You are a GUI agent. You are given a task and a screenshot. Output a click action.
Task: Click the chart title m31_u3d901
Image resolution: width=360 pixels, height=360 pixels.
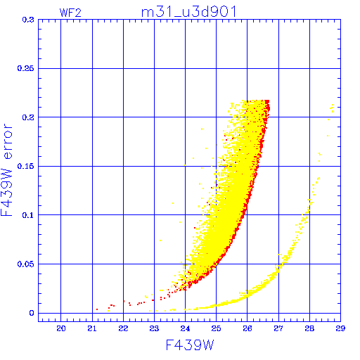pyautogui.click(x=189, y=12)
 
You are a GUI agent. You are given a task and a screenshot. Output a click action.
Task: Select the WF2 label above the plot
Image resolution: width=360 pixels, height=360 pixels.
pyautogui.click(x=70, y=13)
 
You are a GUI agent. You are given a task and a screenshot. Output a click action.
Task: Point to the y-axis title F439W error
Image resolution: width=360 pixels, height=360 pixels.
pyautogui.click(x=6, y=170)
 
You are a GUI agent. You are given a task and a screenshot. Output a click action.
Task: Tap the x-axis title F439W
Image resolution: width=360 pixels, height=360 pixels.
pyautogui.click(x=190, y=345)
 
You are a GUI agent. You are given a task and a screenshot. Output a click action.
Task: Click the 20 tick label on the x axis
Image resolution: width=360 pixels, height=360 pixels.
pyautogui.click(x=61, y=328)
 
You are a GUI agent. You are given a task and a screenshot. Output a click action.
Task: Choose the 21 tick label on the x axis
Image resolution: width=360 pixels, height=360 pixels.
pyautogui.click(x=92, y=328)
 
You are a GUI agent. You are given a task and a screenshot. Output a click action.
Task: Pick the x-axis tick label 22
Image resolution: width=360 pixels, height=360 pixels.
pyautogui.click(x=123, y=328)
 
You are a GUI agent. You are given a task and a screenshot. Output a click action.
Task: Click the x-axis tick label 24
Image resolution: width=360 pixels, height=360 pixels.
pyautogui.click(x=185, y=328)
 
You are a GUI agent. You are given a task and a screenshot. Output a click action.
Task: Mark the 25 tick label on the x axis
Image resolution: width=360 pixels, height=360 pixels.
pyautogui.click(x=216, y=328)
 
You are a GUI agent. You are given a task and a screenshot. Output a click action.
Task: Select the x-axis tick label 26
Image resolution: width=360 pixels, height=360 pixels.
pyautogui.click(x=247, y=328)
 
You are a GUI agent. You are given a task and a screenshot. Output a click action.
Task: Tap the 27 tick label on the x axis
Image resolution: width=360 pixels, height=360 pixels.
pyautogui.click(x=278, y=328)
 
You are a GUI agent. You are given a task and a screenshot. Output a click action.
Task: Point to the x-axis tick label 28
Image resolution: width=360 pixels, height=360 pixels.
pyautogui.click(x=309, y=328)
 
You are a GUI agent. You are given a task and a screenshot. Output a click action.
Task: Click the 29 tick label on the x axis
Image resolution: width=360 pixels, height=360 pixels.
pyautogui.click(x=340, y=328)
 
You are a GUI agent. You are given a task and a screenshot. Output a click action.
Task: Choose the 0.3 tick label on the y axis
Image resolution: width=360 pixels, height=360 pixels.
pyautogui.click(x=28, y=20)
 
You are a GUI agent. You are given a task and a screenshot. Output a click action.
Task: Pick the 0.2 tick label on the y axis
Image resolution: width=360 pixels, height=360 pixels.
pyautogui.click(x=28, y=117)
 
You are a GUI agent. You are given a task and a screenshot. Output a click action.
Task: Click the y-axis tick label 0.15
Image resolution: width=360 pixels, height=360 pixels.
pyautogui.click(x=25, y=166)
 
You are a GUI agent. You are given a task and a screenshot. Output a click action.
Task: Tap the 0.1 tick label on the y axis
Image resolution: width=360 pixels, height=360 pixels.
pyautogui.click(x=28, y=215)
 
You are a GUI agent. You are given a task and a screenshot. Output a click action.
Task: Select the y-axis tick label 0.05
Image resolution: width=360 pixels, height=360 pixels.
pyautogui.click(x=25, y=264)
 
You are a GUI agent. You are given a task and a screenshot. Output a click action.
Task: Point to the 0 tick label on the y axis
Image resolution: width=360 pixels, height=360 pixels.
pyautogui.click(x=32, y=313)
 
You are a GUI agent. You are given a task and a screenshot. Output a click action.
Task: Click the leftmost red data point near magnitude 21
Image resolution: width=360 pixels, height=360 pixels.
pyautogui.click(x=97, y=309)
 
